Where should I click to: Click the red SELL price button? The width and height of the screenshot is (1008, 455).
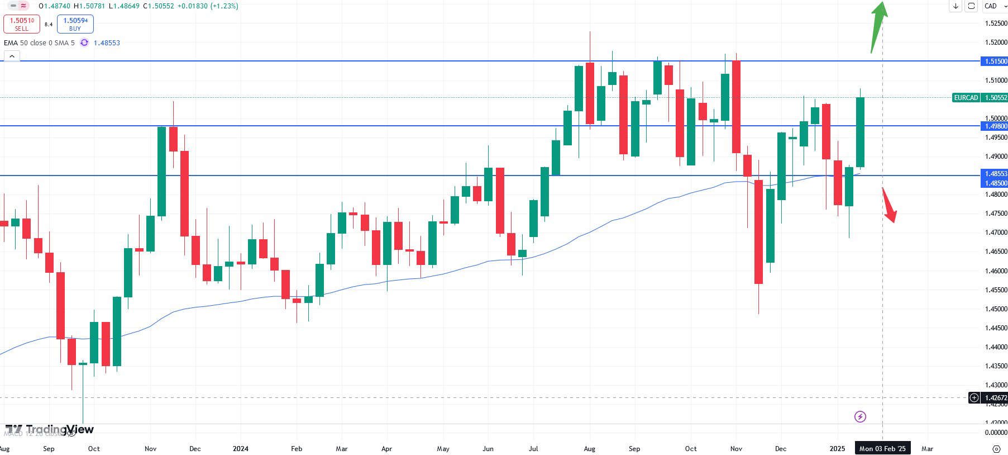coord(22,24)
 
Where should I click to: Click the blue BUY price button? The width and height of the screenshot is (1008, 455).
coord(75,24)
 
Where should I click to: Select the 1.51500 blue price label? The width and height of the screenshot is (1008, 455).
coord(995,61)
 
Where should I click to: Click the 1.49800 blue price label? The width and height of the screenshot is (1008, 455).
coord(995,126)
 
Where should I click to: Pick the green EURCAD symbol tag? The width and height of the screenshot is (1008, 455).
coord(966,98)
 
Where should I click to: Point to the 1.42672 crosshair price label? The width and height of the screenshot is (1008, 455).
coord(995,398)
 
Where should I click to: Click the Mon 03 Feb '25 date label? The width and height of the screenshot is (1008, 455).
coord(882,449)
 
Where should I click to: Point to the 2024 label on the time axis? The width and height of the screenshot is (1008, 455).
coord(241,449)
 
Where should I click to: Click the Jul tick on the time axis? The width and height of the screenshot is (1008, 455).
coord(533,449)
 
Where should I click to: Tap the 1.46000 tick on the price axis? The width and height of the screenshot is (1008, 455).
coord(996,271)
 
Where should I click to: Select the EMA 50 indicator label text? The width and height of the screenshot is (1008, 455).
coord(39,43)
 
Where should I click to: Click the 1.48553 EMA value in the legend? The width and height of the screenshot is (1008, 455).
coord(107,43)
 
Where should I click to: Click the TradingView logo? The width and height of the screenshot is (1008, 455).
coord(50,429)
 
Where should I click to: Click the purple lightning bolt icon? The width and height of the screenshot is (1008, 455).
coord(860,416)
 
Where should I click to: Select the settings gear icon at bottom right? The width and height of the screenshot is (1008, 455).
coord(996,449)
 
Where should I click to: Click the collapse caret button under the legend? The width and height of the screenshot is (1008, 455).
coord(12,56)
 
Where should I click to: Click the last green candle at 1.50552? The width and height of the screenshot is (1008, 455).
coord(860,132)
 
